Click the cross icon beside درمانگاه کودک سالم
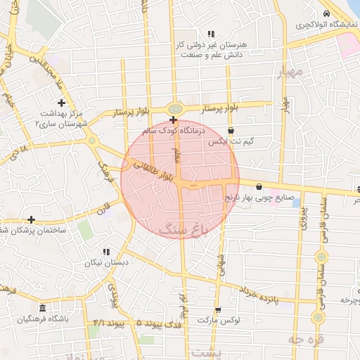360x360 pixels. click(173, 121)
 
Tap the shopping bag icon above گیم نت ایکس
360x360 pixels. click(231, 130)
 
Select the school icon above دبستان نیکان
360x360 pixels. click(106, 252)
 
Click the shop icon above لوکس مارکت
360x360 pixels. click(217, 310)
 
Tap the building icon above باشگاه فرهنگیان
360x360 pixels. click(43, 309)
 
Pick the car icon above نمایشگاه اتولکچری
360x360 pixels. click(326, 14)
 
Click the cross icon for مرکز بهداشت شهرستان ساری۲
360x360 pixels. click(61, 103)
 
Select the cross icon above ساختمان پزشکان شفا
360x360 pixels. click(31, 220)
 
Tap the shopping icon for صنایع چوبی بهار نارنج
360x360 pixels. click(259, 187)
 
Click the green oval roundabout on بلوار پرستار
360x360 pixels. click(174, 108)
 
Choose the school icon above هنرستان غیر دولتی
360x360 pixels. click(210, 34)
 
